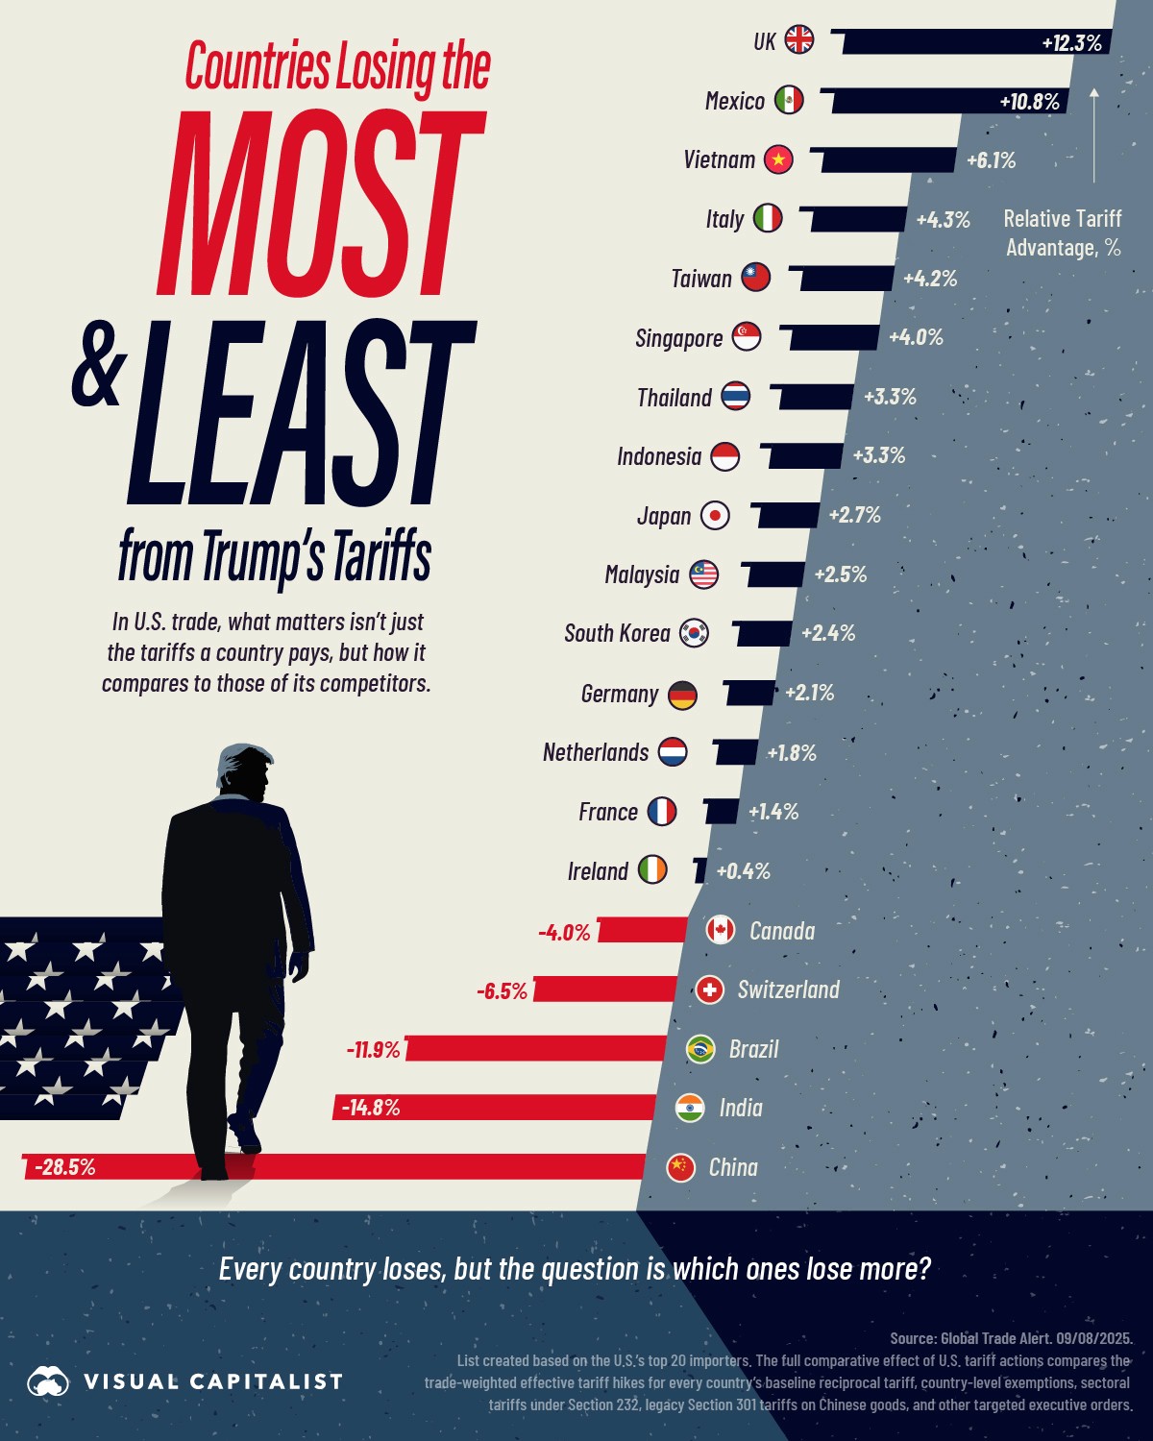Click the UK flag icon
point(798,40)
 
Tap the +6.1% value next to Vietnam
point(991,160)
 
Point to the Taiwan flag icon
point(755,278)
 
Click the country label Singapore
point(678,338)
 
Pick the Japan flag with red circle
point(715,516)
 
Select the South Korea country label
point(617,634)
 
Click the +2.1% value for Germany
point(809,693)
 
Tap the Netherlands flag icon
point(673,752)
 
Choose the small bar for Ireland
point(699,870)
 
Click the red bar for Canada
point(643,930)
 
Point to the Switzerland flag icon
point(709,989)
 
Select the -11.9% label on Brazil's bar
point(373,1049)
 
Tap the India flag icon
point(690,1108)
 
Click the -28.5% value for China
point(64,1167)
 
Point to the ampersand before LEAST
point(99,365)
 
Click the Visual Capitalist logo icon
point(48,1381)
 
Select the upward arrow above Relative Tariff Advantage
point(1093,134)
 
